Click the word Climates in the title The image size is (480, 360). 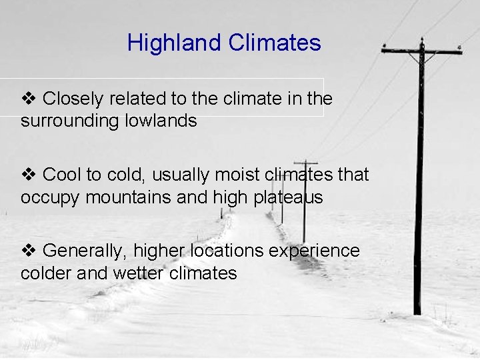coord(274,43)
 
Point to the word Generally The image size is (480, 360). coord(85,251)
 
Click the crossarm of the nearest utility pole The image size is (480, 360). coord(421,51)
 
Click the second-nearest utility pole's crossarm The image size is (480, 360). coord(305,163)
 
